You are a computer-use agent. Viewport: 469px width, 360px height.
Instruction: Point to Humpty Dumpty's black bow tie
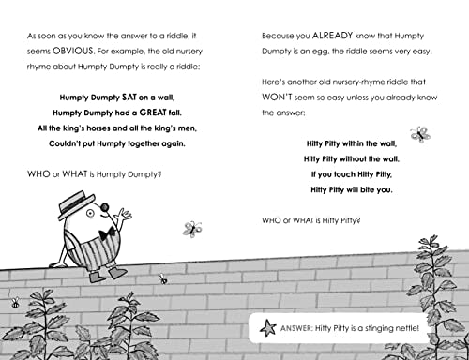pyautogui.click(x=110, y=232)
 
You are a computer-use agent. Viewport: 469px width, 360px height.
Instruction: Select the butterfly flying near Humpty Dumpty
pyautogui.click(x=192, y=228)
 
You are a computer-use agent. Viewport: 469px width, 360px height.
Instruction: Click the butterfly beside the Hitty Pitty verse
pyautogui.click(x=421, y=134)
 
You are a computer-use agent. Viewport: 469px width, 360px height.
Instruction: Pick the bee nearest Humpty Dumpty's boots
pyautogui.click(x=164, y=278)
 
